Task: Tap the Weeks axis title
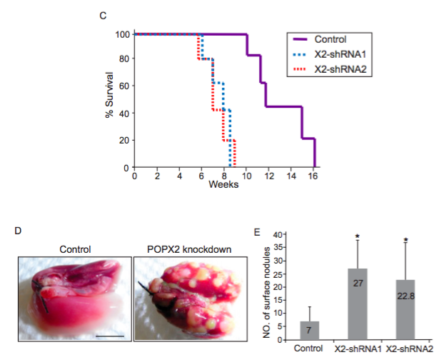tap(223, 185)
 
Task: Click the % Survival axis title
tap(110, 100)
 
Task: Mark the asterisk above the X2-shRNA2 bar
tap(405, 240)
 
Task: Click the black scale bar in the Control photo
tap(110, 334)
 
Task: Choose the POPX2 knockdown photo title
tap(185, 249)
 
